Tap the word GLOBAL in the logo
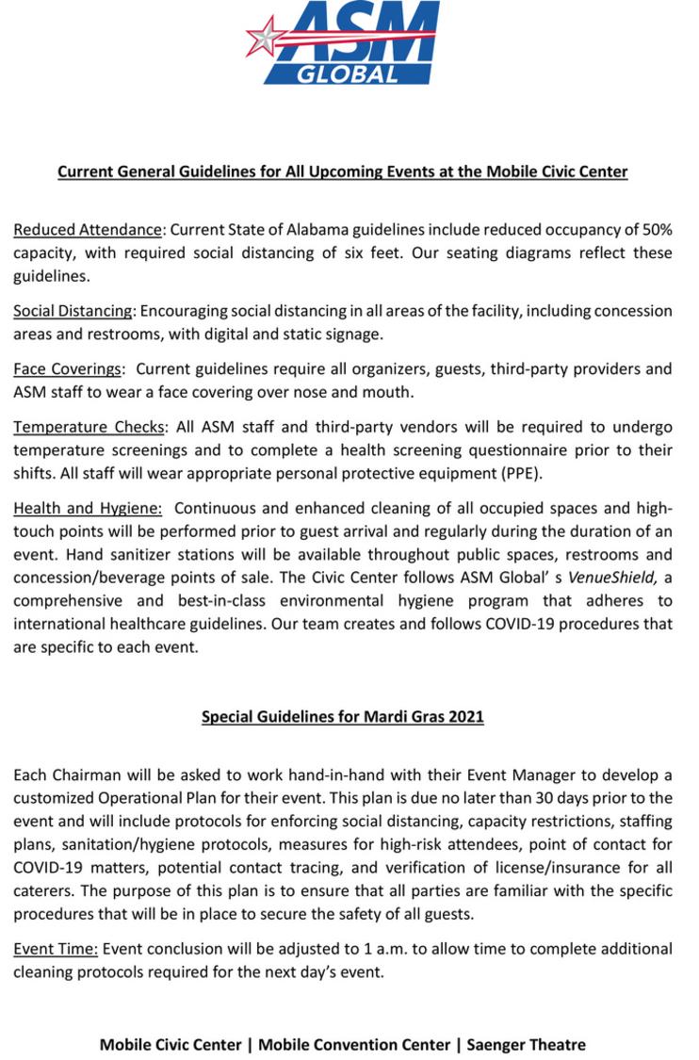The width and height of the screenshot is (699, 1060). click(348, 73)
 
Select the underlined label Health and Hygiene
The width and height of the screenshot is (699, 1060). click(88, 509)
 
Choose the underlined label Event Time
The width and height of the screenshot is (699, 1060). click(55, 948)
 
